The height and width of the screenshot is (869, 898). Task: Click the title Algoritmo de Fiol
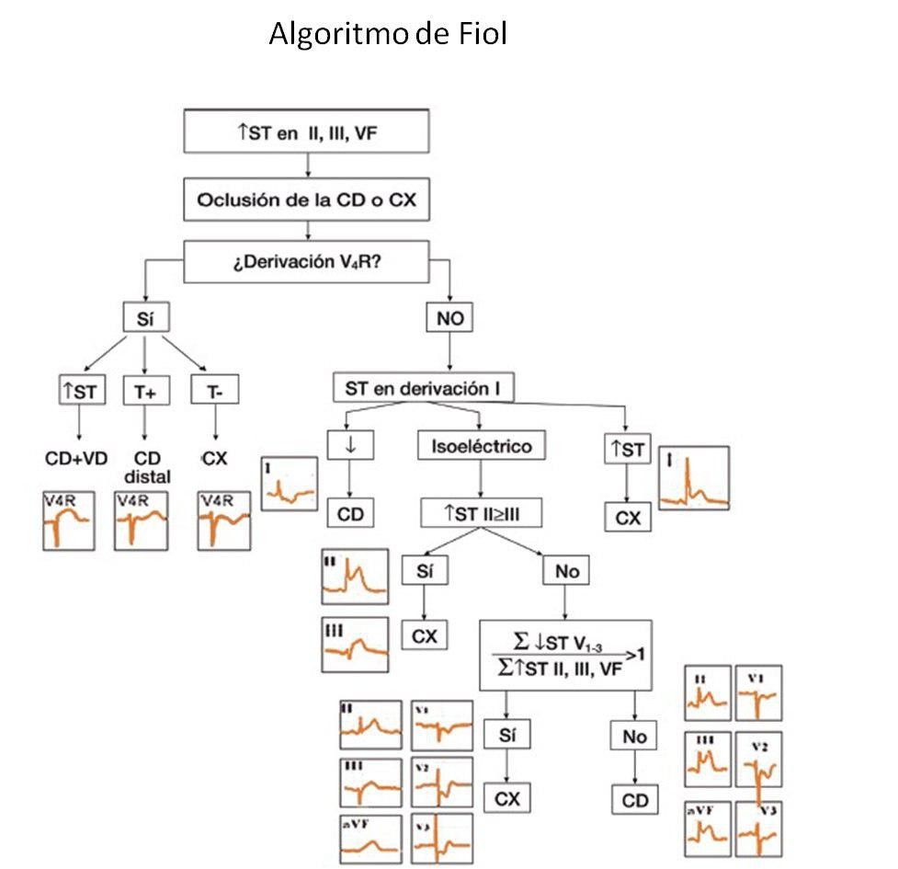point(387,35)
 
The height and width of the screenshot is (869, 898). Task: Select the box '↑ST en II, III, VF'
point(307,131)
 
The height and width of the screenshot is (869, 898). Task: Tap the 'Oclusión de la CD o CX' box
point(307,201)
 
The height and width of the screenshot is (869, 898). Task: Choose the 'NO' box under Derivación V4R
point(449,318)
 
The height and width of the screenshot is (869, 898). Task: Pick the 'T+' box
point(145,391)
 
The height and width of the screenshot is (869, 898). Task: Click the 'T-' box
point(215,391)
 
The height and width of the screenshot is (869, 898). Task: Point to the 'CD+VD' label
point(77,457)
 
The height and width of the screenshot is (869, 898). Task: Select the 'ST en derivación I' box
point(423,388)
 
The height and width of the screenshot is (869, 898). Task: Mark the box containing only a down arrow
point(349,447)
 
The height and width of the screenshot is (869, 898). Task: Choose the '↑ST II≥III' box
point(480,512)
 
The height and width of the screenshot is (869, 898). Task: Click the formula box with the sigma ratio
point(565,655)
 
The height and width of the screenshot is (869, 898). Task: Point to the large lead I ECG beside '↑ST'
point(694,478)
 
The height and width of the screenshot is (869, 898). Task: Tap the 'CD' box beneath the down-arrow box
point(350,513)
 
